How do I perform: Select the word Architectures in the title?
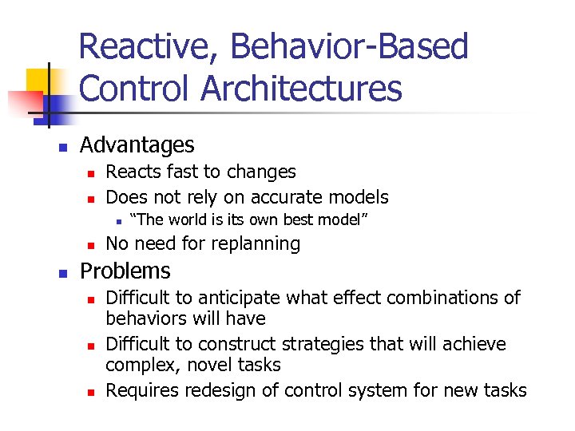tap(302, 89)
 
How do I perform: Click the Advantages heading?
tap(137, 145)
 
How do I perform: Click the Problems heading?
tap(125, 271)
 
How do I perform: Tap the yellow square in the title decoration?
tap(39, 81)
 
